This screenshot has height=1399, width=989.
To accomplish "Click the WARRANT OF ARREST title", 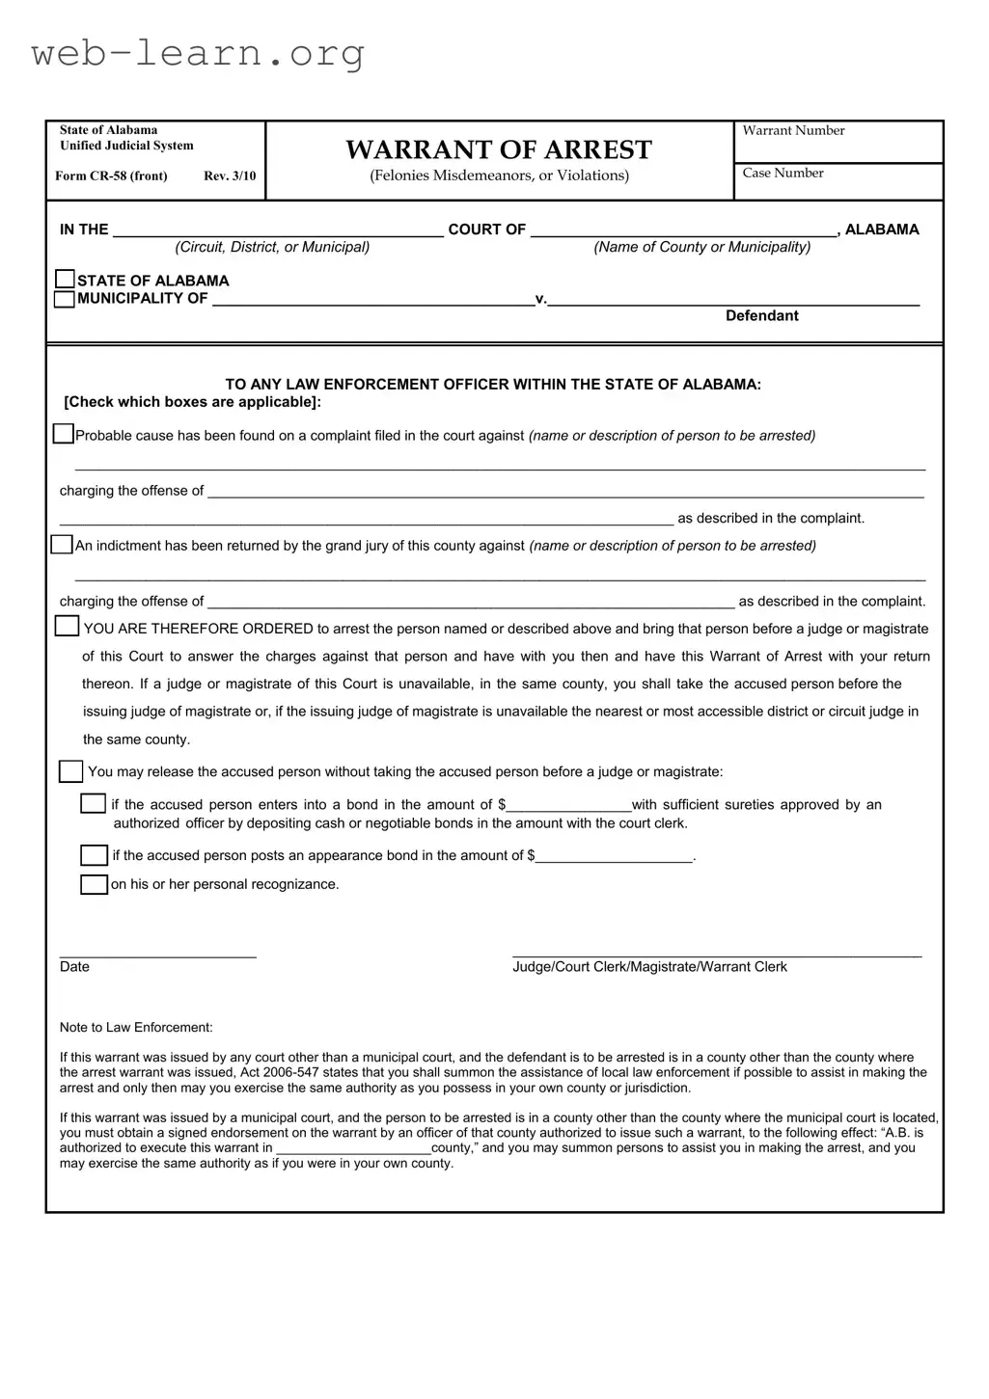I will coord(499,149).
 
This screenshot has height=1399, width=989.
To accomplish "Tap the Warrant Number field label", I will coord(793,131).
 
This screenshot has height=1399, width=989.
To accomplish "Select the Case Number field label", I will coord(783,174).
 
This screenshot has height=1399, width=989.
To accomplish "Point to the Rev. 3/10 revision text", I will coord(230,176).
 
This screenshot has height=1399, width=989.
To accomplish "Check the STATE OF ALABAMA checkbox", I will coord(65,280).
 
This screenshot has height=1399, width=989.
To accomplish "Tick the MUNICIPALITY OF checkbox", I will coord(65,299).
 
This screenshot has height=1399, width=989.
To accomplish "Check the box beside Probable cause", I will coord(63,434).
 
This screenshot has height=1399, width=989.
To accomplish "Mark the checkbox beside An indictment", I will coord(62,545).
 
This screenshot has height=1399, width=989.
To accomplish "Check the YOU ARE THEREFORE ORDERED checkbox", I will coord(67,627).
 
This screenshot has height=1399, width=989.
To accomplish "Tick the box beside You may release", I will coord(70,771).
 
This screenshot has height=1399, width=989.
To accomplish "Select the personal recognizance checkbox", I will coord(94,884).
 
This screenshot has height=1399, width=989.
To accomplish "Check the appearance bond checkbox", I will coord(94,855).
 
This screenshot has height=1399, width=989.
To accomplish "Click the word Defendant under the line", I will coord(761,316).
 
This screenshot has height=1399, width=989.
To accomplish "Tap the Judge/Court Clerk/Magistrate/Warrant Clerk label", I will coord(649,967).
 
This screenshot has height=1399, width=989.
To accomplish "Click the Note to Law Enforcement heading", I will coord(136,1028).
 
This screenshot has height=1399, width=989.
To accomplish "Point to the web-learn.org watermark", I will coord(198,53).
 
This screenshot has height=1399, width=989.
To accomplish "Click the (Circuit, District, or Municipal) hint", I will coord(272,248).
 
